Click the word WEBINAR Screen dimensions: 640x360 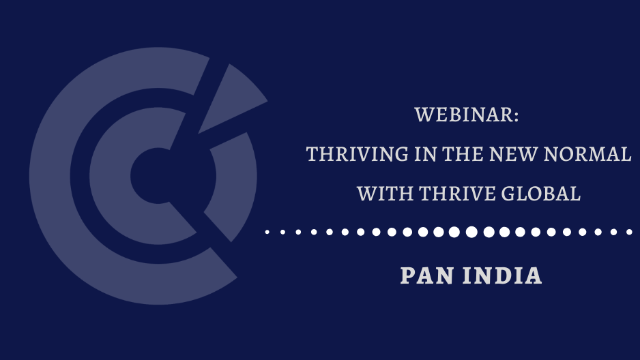click(x=465, y=115)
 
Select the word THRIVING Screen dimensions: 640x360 click(x=357, y=154)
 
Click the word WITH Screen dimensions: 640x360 click(x=386, y=194)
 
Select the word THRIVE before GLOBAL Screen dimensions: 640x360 click(x=457, y=194)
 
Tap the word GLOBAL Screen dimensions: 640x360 click(x=541, y=194)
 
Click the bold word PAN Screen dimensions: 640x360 click(x=427, y=275)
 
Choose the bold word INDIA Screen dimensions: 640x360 click(x=502, y=275)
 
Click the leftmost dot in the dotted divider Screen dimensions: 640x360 click(x=267, y=232)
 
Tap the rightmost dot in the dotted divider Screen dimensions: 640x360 click(x=629, y=232)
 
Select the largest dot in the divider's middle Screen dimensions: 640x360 click(x=472, y=232)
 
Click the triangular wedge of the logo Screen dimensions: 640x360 click(x=231, y=98)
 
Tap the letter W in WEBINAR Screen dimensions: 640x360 click(x=424, y=115)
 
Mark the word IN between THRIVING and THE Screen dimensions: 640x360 click(x=425, y=154)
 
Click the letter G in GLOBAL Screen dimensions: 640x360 click(x=508, y=194)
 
